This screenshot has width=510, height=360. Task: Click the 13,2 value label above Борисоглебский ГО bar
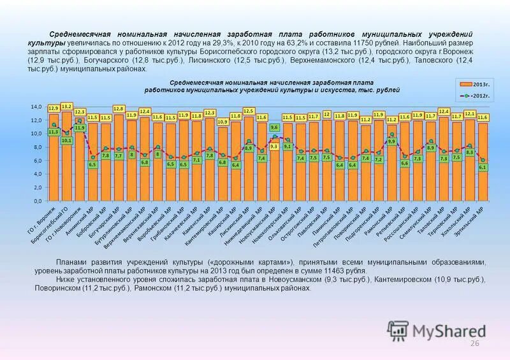(66, 106)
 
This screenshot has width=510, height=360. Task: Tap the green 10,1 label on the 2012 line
(66, 140)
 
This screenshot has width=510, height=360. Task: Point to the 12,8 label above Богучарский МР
(119, 109)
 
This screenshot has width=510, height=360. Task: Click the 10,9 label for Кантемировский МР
(222, 121)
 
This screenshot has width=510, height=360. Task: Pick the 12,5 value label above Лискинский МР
(249, 111)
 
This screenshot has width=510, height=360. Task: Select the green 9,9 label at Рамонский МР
(391, 141)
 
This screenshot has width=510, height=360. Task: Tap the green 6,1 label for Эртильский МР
(482, 167)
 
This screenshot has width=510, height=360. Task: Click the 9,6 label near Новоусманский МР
(274, 128)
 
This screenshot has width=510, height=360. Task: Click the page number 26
(474, 344)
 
